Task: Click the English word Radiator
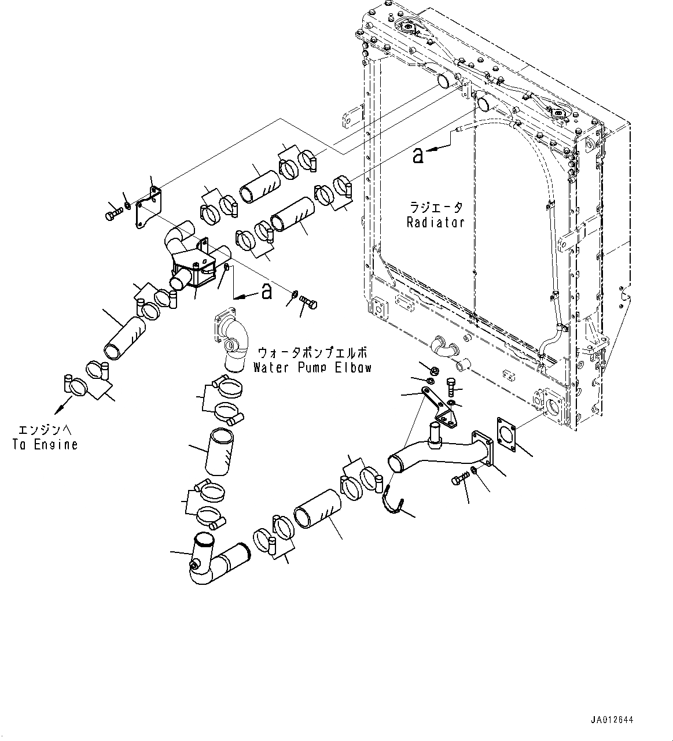435,222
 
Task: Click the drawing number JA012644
612,720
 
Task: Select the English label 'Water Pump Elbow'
312,367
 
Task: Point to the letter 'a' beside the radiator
418,155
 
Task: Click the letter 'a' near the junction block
266,292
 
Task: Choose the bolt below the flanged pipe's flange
461,479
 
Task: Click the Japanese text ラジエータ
436,207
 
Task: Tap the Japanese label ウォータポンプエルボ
312,352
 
